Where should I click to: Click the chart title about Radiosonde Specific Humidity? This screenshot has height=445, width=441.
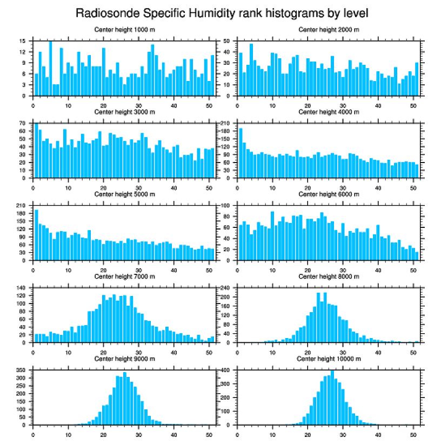220,12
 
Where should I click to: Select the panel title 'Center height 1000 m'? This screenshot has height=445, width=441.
124,29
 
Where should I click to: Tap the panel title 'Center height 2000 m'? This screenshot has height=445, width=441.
329,29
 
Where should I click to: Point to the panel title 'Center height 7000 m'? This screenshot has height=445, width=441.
124,277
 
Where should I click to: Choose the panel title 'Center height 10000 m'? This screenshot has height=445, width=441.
329,359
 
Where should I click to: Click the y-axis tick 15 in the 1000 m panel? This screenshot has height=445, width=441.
23,41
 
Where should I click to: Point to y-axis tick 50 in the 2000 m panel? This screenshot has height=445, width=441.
228,41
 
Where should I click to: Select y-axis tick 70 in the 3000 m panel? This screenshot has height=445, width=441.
23,124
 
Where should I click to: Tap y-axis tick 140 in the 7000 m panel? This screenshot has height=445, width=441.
22,288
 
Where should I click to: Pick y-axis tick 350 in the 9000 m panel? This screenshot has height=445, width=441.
22,370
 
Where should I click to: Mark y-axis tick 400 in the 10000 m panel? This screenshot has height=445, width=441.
226,370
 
